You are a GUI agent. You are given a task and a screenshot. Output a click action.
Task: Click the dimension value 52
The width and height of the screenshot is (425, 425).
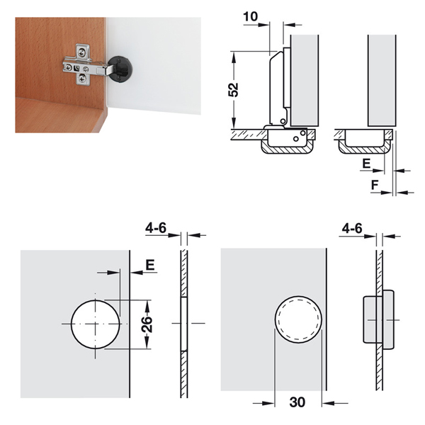[x=233, y=89]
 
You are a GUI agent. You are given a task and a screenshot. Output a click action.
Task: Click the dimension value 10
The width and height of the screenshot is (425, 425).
[x=251, y=16]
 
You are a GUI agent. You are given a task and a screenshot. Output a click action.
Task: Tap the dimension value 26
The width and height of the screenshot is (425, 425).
[x=147, y=324]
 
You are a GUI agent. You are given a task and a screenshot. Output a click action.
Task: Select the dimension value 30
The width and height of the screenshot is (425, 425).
[x=297, y=402]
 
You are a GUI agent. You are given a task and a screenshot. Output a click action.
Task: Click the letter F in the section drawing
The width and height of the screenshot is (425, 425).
[x=374, y=185]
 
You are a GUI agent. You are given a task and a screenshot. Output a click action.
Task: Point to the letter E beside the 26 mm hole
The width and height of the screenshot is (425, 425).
[x=150, y=265]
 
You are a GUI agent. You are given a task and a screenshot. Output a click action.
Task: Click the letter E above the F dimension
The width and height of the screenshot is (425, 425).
[x=366, y=164]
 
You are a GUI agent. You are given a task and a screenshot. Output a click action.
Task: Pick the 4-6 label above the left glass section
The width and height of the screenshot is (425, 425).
[x=156, y=228]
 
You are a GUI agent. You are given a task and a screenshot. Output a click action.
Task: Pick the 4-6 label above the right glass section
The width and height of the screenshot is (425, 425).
[x=352, y=229]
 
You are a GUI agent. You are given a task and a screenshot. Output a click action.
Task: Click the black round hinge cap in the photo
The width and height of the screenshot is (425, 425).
[x=121, y=69]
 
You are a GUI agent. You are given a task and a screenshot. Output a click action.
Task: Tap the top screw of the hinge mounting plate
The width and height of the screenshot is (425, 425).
[x=81, y=52]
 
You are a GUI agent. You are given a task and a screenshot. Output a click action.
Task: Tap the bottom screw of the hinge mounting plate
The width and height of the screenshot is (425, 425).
[x=82, y=79]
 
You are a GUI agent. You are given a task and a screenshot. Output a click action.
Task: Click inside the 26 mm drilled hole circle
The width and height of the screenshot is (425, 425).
[x=95, y=324]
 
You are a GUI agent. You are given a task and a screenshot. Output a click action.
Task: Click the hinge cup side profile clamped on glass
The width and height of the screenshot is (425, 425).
[x=378, y=320]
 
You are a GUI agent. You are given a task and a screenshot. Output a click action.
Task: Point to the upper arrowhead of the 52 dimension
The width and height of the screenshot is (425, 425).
[x=234, y=55]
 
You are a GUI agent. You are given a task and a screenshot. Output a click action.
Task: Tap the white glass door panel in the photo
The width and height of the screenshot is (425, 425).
[x=154, y=65]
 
